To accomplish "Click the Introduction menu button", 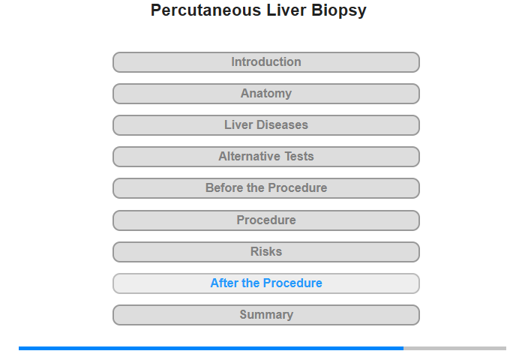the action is [x=266, y=62].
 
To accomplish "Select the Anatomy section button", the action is [x=266, y=94].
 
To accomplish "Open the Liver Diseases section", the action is [x=266, y=125].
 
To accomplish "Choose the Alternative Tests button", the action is [x=266, y=157].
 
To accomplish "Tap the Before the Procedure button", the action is [x=266, y=188].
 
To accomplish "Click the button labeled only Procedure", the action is [x=266, y=220].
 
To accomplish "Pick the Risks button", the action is [x=266, y=252].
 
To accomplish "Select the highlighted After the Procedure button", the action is [x=266, y=283].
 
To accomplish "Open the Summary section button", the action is [x=266, y=315].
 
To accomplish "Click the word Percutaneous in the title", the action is [x=206, y=10].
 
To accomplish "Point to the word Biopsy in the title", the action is [x=339, y=10].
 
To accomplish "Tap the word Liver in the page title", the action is [x=286, y=10].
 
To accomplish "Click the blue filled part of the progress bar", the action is [x=211, y=348].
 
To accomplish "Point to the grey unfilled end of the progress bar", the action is [x=454, y=348].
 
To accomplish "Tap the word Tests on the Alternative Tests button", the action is [x=299, y=157].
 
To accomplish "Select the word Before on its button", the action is [x=224, y=187].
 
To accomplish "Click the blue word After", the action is [x=224, y=283].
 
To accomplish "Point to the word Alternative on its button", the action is [x=250, y=157].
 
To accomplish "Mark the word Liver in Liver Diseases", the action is [x=238, y=125].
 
